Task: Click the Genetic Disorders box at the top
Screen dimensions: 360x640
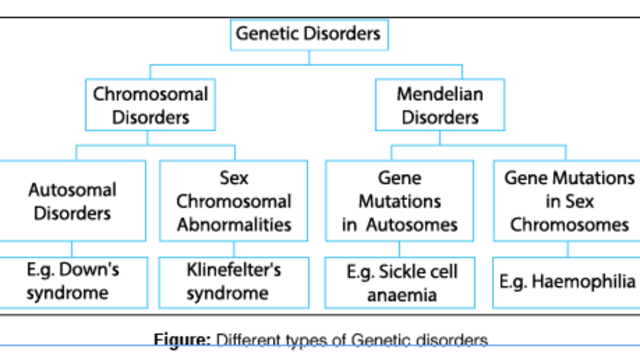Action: click(309, 34)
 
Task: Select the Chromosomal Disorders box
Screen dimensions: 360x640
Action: click(150, 105)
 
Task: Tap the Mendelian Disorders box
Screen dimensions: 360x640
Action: click(440, 105)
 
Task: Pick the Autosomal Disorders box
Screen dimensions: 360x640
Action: click(72, 201)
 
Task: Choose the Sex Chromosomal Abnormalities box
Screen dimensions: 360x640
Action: click(234, 201)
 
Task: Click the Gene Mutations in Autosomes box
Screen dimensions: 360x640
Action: click(399, 201)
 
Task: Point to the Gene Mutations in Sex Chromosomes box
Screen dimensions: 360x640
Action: click(569, 201)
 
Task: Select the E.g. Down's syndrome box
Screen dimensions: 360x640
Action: click(73, 282)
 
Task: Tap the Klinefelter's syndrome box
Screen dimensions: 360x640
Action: click(234, 282)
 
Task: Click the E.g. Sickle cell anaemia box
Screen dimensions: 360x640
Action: click(400, 283)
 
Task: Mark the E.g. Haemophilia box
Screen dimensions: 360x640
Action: click(567, 282)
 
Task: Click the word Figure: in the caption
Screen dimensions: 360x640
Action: click(182, 340)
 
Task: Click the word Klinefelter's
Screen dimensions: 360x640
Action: click(234, 270)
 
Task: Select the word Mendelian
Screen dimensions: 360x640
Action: click(440, 94)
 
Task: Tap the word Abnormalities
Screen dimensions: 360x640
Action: click(234, 225)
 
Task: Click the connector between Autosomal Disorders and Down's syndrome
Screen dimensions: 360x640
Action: click(72, 249)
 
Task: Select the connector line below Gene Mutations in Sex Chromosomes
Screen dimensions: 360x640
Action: click(568, 249)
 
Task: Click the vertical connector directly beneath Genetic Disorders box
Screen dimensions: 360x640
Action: click(309, 57)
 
